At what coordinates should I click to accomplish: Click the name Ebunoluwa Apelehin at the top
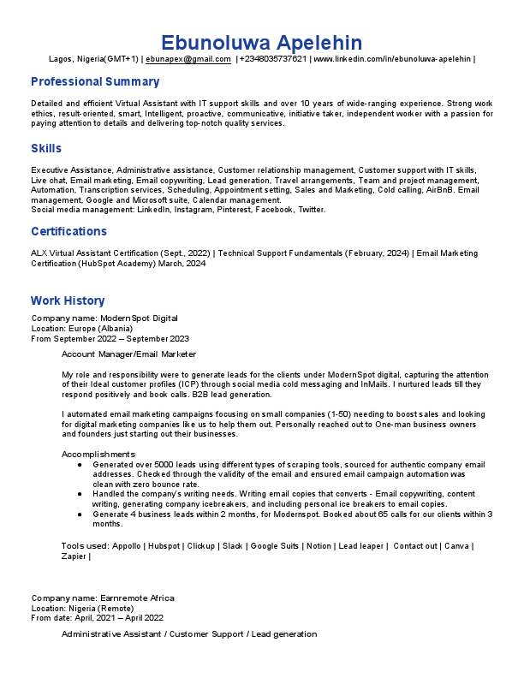262,42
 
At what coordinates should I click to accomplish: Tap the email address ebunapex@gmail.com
188,59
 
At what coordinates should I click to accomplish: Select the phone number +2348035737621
273,59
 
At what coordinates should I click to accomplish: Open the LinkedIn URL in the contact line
392,59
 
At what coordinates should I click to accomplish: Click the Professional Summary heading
95,82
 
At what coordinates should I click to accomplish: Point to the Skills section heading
46,149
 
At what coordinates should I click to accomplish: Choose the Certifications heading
68,232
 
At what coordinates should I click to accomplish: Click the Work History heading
68,300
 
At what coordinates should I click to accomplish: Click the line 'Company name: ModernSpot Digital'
104,318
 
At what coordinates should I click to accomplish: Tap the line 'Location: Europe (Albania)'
82,328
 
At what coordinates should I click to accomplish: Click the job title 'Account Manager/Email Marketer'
128,354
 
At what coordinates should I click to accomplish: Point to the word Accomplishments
98,454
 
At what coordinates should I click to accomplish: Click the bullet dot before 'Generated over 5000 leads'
79,464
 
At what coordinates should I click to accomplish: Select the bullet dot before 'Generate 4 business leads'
79,514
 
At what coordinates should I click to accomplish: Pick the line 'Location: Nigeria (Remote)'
82,608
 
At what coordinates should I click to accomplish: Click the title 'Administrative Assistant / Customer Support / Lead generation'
189,634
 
